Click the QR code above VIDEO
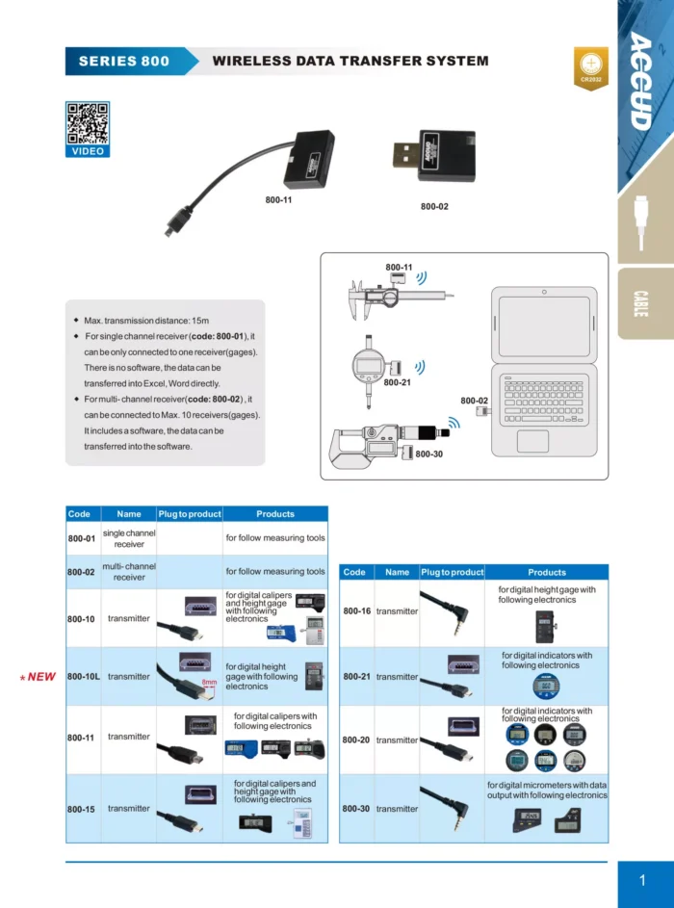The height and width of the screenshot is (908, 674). [x=87, y=122]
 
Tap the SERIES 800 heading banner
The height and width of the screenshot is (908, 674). [x=123, y=61]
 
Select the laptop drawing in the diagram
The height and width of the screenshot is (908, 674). [x=543, y=371]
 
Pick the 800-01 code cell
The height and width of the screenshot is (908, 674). [x=82, y=538]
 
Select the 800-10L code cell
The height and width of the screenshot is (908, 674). [x=82, y=676]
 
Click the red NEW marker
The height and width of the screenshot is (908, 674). [x=39, y=677]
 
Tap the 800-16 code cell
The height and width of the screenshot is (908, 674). [x=356, y=611]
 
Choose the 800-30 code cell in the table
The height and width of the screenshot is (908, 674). [x=356, y=809]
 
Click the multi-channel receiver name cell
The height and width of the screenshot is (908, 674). [x=129, y=572]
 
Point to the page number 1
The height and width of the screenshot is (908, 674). [x=642, y=880]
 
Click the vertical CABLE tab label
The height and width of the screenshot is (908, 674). [x=641, y=304]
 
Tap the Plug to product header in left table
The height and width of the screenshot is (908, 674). [x=190, y=514]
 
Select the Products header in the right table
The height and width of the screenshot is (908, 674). [x=547, y=572]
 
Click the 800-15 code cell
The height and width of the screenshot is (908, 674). [x=82, y=809]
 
